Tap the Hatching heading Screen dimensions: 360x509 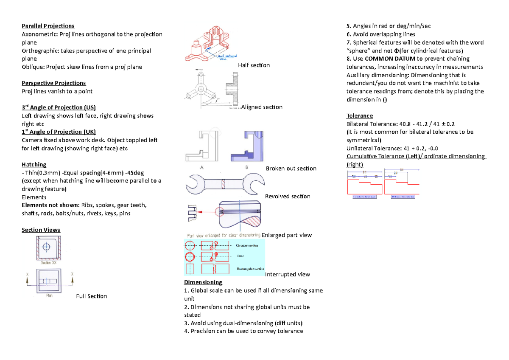34,164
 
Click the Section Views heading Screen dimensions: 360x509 41,230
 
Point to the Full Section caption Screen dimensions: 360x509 91,296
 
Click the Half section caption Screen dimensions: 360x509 254,65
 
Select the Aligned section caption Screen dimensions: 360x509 262,107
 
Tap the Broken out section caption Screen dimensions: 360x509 291,169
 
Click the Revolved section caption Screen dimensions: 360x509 287,196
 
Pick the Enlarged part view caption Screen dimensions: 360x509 287,235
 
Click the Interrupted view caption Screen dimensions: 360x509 287,274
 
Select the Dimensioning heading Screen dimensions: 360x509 203,282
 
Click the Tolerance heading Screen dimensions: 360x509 360,115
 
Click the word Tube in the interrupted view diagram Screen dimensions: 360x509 241,256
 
